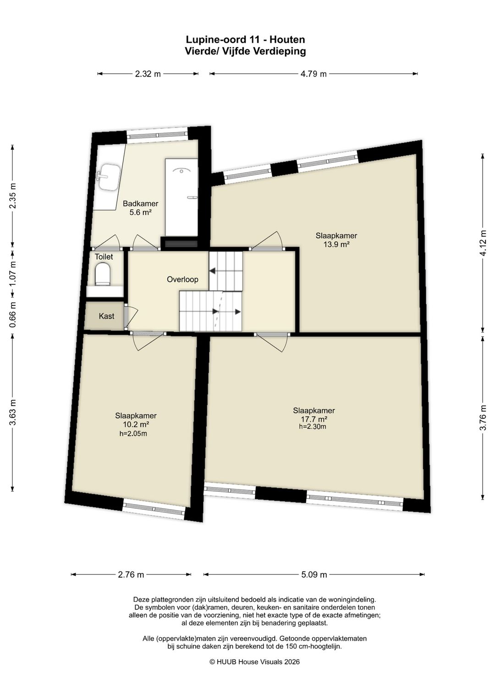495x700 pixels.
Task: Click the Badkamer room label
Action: (x=140, y=204)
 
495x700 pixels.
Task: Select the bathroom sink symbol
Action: (x=108, y=177)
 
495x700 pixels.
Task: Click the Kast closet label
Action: (x=106, y=316)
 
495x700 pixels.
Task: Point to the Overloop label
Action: (x=182, y=279)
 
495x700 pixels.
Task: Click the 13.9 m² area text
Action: (x=336, y=244)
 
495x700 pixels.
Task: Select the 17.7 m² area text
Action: (x=314, y=419)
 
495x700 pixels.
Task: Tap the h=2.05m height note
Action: (x=133, y=433)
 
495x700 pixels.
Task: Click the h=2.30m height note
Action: (x=313, y=427)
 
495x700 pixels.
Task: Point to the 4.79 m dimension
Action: (x=313, y=74)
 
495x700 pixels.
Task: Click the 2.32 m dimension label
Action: (x=148, y=74)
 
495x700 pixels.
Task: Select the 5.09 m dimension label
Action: (x=314, y=574)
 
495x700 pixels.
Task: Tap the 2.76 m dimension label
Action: (x=131, y=574)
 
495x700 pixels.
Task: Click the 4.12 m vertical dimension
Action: (x=483, y=243)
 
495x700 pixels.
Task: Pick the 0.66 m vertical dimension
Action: (x=12, y=315)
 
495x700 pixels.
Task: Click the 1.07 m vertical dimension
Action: (x=12, y=273)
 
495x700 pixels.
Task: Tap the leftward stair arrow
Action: (x=214, y=271)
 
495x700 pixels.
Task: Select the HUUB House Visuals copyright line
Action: (x=254, y=662)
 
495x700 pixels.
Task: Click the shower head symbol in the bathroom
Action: (x=181, y=171)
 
